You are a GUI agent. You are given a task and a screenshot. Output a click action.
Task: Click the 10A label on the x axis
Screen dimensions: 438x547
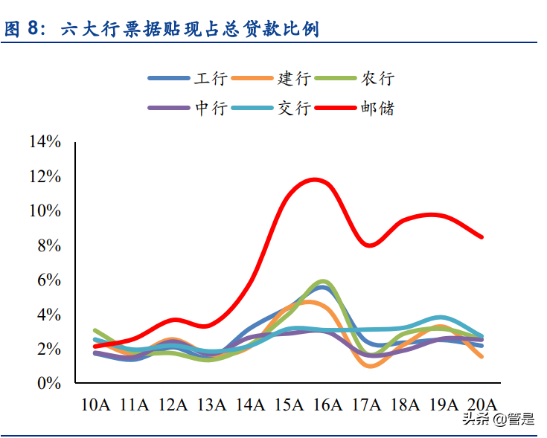click(95, 405)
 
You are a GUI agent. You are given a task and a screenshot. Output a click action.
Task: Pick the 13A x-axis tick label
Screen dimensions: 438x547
click(211, 405)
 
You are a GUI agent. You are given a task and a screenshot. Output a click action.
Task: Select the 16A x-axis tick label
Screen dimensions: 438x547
click(327, 405)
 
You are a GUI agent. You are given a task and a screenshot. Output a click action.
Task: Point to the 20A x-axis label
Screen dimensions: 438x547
click(482, 405)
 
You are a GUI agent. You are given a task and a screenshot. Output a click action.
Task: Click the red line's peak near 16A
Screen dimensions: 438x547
click(316, 179)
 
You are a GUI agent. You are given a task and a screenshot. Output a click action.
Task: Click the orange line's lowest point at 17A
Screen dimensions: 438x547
click(371, 366)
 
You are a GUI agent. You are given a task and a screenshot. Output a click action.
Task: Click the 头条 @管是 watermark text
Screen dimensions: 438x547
click(498, 419)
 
